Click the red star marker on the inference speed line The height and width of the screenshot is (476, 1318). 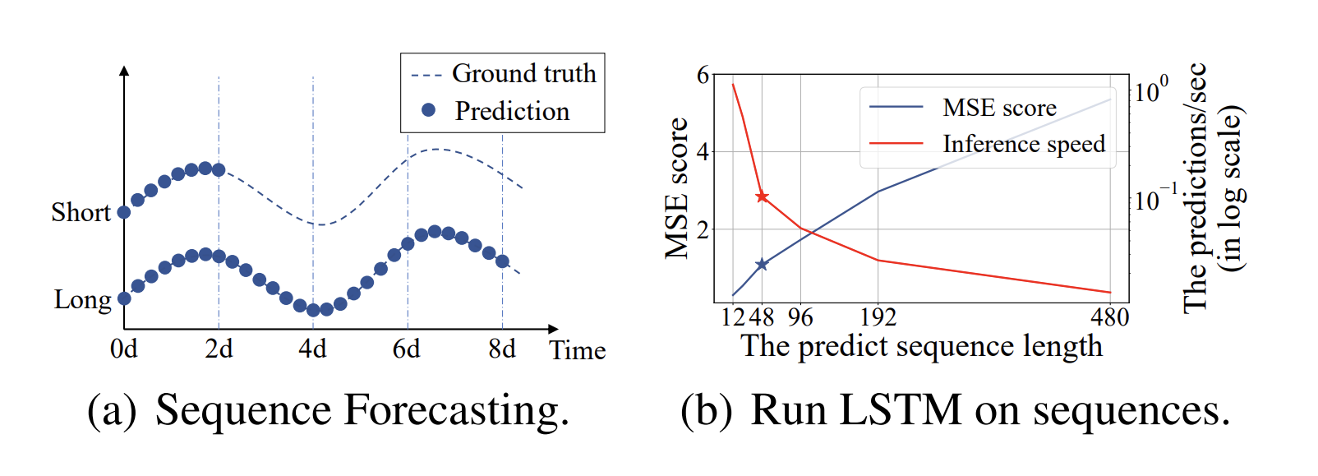(x=762, y=196)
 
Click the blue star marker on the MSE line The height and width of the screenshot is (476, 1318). (x=762, y=264)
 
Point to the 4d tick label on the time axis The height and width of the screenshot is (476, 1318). (x=313, y=349)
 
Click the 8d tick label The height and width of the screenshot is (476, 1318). (x=502, y=349)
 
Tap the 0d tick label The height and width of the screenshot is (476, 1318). (x=124, y=349)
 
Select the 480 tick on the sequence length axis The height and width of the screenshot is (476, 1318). (x=1110, y=318)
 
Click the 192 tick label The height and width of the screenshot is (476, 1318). (x=878, y=318)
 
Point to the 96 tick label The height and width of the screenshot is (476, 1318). (x=800, y=318)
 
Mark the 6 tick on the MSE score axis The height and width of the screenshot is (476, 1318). (x=703, y=76)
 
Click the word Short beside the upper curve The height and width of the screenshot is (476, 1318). (x=81, y=213)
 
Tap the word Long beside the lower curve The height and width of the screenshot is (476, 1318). (x=82, y=300)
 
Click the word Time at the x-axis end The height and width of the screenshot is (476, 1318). (x=578, y=351)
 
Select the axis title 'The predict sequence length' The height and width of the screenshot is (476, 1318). (x=922, y=347)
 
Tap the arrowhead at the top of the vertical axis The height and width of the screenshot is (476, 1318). (x=124, y=71)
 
